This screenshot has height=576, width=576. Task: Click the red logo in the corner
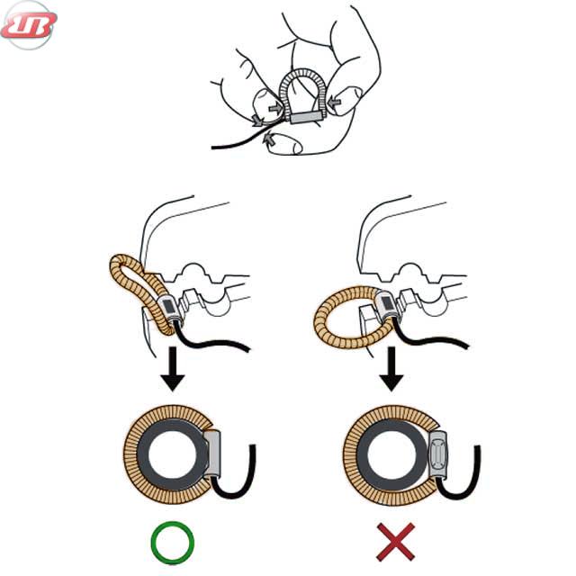[x=29, y=25]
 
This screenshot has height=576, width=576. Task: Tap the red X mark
[x=396, y=542]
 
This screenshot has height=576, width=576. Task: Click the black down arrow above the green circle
[x=172, y=368]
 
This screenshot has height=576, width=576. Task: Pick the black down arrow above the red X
[x=391, y=368]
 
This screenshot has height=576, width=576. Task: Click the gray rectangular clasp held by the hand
[x=308, y=118]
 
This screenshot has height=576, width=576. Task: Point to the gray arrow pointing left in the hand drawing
[x=335, y=103]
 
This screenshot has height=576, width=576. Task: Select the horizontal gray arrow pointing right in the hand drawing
[x=275, y=108]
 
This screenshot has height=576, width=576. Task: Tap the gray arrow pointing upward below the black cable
[x=270, y=139]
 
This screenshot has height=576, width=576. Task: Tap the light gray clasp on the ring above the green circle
[x=213, y=454]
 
